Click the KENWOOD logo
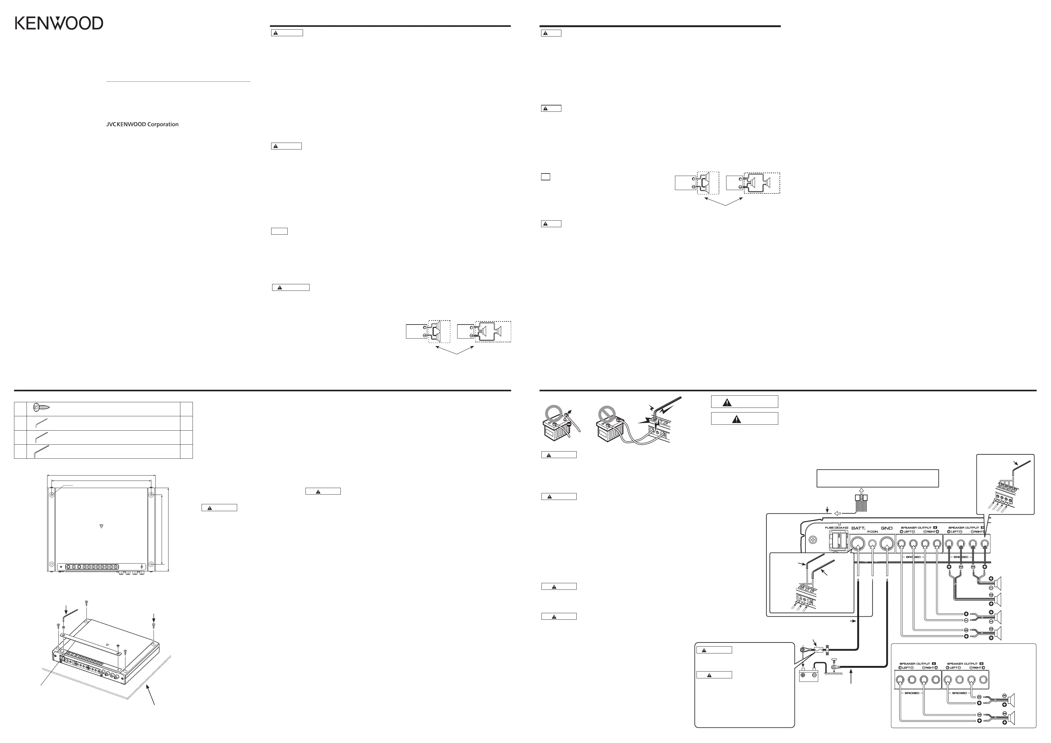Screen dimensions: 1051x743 [x=59, y=23]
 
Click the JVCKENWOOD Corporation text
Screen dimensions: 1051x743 [x=142, y=125]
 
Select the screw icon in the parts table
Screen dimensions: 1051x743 [x=41, y=407]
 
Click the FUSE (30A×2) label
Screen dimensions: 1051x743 [x=836, y=528]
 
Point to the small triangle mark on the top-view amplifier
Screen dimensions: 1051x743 [x=101, y=526]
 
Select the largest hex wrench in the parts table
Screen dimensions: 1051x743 [x=41, y=451]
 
